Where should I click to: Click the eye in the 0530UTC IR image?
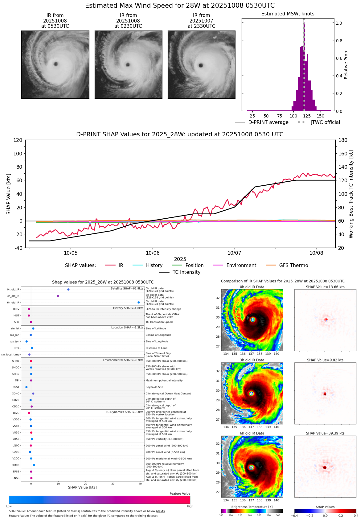pos(56,64)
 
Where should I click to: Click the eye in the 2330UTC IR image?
pos(201,65)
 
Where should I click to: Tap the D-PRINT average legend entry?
pos(262,122)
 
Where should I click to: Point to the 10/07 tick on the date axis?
pos(234,253)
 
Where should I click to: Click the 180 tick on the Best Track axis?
pos(343,140)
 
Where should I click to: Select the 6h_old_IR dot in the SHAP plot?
pos(139,303)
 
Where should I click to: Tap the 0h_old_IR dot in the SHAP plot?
pos(68,290)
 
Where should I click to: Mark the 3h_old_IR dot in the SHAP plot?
pos(58,296)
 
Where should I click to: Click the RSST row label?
pos(16,387)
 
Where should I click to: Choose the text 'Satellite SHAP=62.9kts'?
pos(127,289)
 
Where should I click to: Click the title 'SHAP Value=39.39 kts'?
pos(325,433)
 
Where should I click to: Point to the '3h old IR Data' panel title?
pos(252,360)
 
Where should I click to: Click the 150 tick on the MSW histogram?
pos(321,116)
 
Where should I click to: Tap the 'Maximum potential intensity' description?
pos(164,381)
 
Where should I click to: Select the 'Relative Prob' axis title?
pos(346,65)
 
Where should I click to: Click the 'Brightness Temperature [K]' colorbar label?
pos(252,507)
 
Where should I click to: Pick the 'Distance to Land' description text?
pos(158,348)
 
